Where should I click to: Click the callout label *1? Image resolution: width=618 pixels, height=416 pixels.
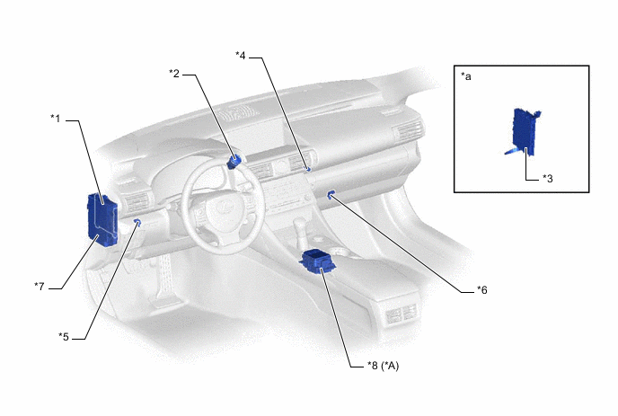click(x=56, y=118)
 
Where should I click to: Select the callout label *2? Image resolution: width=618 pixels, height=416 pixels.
click(x=174, y=74)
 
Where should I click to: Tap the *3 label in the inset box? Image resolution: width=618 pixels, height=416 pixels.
click(x=547, y=179)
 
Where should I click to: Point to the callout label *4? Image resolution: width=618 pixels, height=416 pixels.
click(x=241, y=56)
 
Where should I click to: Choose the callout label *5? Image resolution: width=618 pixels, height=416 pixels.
click(x=64, y=337)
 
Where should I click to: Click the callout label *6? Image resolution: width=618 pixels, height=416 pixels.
click(x=482, y=290)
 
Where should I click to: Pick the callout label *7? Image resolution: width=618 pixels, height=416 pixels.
click(x=40, y=287)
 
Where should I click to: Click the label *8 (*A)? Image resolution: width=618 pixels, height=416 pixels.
click(x=383, y=366)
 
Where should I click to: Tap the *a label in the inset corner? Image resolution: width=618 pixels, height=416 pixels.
click(x=466, y=76)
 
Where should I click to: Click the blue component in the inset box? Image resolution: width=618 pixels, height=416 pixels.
click(x=525, y=132)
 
